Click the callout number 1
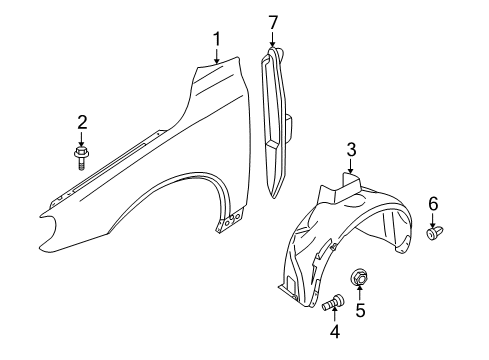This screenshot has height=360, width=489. pyautogui.click(x=216, y=39)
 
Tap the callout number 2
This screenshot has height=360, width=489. pyautogui.click(x=82, y=122)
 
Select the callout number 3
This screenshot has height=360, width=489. pyautogui.click(x=351, y=150)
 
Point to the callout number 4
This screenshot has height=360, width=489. pyautogui.click(x=335, y=332)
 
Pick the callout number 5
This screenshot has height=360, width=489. pyautogui.click(x=360, y=310)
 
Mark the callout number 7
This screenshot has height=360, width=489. pyautogui.click(x=272, y=21)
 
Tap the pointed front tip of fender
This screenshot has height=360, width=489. pyautogui.click(x=43, y=213)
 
